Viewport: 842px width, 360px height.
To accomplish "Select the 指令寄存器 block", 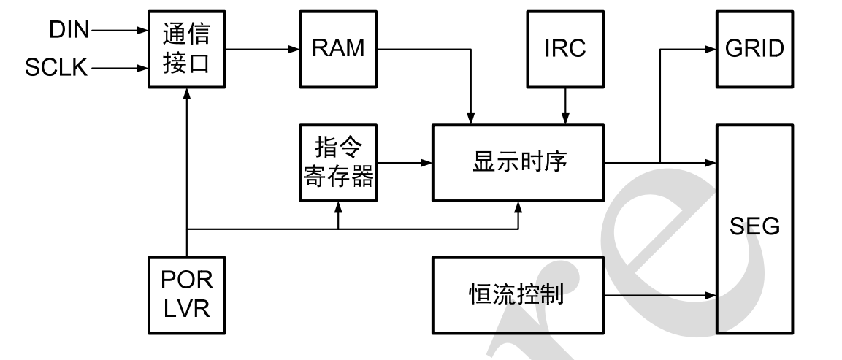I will [x=338, y=163].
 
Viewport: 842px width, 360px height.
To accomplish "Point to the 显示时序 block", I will [x=519, y=163].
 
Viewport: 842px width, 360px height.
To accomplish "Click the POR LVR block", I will [x=188, y=296].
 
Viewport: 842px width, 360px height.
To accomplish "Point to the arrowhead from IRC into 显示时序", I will [x=564, y=119].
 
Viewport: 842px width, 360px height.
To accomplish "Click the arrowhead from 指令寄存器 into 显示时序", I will [x=428, y=163].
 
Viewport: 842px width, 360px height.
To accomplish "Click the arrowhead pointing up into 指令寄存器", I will [x=338, y=205].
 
